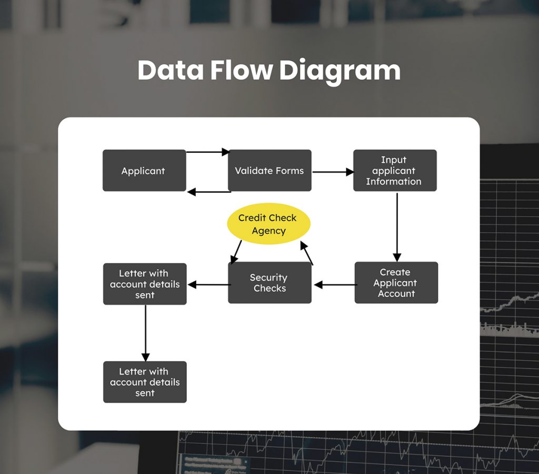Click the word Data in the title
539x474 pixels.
tap(170, 71)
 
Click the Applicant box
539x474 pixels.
tap(144, 171)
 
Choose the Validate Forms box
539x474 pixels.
tap(269, 171)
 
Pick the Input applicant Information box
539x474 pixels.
tap(394, 171)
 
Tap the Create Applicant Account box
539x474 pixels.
tap(396, 283)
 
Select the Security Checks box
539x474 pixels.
tap(269, 283)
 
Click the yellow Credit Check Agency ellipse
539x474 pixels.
tap(268, 224)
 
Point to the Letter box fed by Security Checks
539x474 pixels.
tap(145, 284)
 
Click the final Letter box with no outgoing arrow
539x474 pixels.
tap(145, 382)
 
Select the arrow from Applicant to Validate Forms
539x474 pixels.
tap(208, 152)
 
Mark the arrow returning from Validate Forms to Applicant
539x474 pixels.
tap(208, 192)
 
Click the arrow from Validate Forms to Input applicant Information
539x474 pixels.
tap(333, 172)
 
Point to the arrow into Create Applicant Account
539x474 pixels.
tap(397, 226)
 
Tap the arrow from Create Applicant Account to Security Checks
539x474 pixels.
tap(335, 285)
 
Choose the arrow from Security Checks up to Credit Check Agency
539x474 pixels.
tap(306, 253)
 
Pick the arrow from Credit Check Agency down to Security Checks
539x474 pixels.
tap(236, 252)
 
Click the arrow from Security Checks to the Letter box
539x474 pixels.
tap(208, 285)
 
